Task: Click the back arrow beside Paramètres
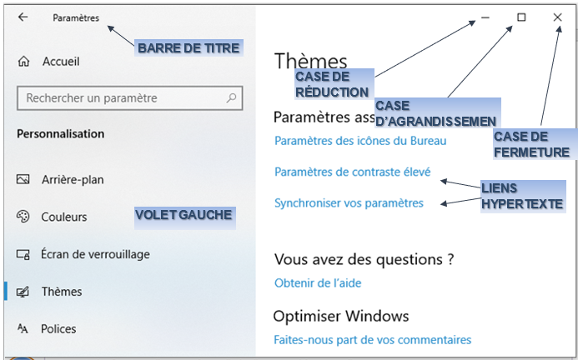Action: (x=23, y=17)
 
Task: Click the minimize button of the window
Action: (x=485, y=17)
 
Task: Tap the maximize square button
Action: (x=521, y=17)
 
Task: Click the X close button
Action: (x=557, y=17)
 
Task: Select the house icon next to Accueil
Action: (x=23, y=61)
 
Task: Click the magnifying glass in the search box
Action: (x=231, y=97)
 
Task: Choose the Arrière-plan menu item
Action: (x=73, y=179)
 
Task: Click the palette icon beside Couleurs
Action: (x=23, y=217)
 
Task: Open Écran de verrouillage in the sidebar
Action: (x=95, y=254)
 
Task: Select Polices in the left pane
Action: (x=58, y=328)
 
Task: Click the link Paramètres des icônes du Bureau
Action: (x=360, y=141)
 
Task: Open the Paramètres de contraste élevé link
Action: (x=353, y=172)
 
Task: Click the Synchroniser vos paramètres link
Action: (x=349, y=203)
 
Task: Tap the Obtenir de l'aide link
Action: (x=318, y=283)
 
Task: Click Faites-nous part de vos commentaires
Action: (x=372, y=339)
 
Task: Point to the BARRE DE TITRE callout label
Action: (x=188, y=47)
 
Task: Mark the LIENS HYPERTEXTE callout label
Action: (x=523, y=196)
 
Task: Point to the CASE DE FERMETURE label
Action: (x=535, y=144)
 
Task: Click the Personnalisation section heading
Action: (x=60, y=133)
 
